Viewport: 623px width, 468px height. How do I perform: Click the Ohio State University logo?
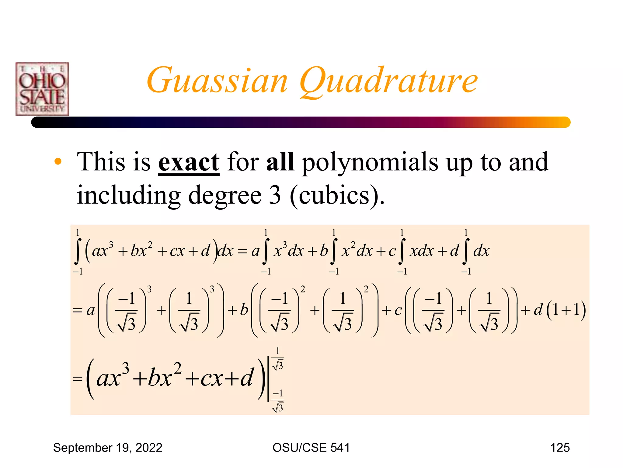(x=42, y=89)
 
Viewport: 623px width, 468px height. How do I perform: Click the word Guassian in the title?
(x=217, y=81)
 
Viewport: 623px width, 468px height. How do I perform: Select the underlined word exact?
(x=189, y=162)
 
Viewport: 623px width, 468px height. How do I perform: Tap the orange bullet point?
(x=58, y=161)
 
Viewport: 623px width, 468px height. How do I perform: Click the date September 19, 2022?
(x=108, y=448)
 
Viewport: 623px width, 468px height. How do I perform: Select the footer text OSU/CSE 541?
(x=311, y=448)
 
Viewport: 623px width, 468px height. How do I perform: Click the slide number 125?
(x=560, y=448)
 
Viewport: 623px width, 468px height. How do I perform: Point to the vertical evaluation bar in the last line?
(x=268, y=379)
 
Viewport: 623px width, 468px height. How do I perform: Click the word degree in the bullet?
(x=225, y=196)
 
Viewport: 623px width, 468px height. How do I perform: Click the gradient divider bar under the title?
(x=301, y=122)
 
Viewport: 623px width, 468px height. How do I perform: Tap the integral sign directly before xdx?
(x=402, y=251)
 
